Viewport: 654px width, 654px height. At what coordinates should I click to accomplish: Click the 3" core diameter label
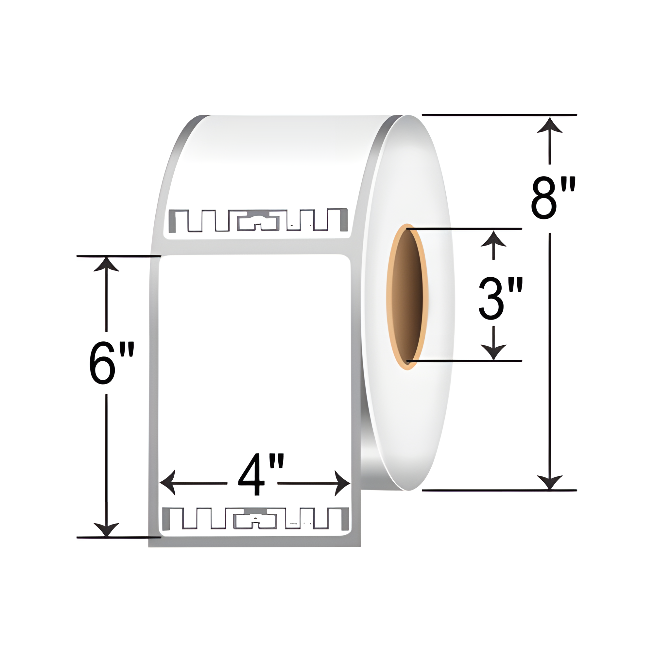click(x=500, y=299)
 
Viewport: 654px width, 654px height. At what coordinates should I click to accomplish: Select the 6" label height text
click(x=112, y=363)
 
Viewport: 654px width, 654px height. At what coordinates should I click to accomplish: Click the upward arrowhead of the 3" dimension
click(x=493, y=239)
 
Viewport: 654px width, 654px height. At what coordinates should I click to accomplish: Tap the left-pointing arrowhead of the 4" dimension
click(x=167, y=483)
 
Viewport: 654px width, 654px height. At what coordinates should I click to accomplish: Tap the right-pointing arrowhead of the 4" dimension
click(x=342, y=483)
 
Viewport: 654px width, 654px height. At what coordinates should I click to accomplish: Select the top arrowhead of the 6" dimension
click(x=106, y=265)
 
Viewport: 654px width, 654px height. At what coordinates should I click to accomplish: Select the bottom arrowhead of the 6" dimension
click(x=106, y=529)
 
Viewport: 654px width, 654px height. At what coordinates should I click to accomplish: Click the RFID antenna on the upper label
click(x=258, y=220)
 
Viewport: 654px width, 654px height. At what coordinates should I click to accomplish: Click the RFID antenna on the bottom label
click(x=256, y=519)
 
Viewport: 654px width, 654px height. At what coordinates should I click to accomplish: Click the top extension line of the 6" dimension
click(x=118, y=256)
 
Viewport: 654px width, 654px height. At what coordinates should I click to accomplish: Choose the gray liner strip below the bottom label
click(x=254, y=542)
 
